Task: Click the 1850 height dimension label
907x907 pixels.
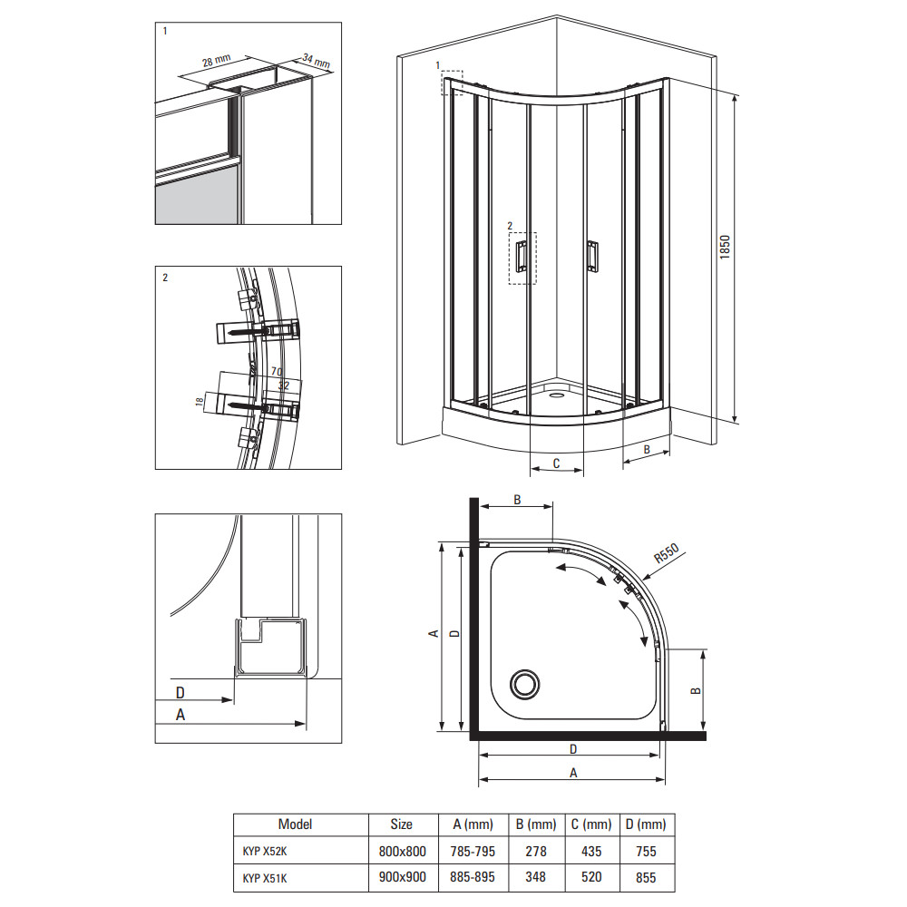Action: click(725, 247)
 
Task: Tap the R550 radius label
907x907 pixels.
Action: click(667, 553)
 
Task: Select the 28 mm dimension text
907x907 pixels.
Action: click(217, 61)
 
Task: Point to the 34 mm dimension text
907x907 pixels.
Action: click(317, 60)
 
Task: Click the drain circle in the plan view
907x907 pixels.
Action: click(524, 684)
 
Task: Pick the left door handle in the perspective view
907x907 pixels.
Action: click(522, 256)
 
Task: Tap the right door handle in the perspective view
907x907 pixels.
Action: click(592, 257)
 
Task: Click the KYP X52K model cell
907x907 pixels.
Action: click(265, 851)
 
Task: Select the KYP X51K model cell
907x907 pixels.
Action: click(265, 878)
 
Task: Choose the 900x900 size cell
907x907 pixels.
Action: click(403, 877)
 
